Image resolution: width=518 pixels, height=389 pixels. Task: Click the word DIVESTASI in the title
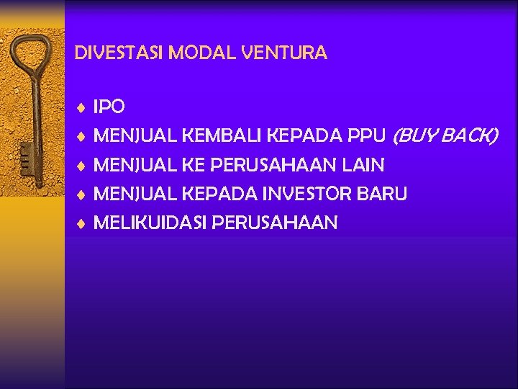click(110, 53)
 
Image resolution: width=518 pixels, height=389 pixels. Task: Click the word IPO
click(109, 107)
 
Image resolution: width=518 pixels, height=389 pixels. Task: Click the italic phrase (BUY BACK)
click(444, 136)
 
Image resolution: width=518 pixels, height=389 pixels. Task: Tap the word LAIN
click(363, 166)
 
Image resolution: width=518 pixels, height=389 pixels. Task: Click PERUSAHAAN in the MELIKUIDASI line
click(275, 223)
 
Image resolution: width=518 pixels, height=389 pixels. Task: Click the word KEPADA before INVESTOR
click(220, 194)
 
